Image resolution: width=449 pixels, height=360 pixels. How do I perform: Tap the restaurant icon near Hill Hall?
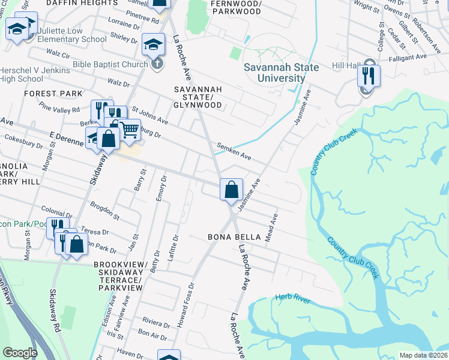click(367, 76)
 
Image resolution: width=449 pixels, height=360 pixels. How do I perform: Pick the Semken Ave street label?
click(234, 151)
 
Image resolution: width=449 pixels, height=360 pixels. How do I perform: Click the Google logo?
click(20, 353)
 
